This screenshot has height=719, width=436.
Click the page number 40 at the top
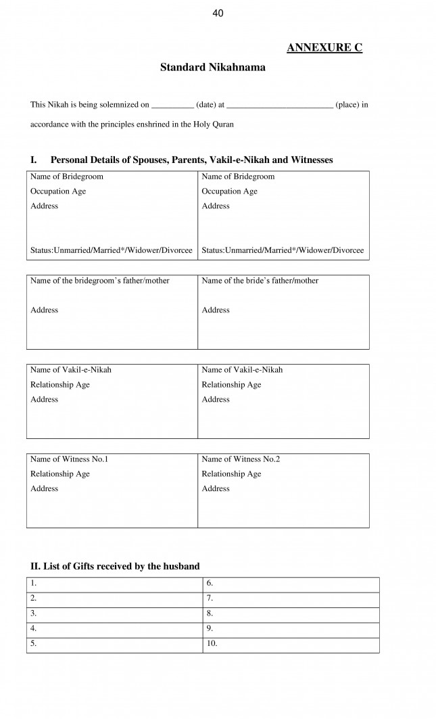tap(218, 13)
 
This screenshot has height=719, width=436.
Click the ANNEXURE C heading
tap(324, 47)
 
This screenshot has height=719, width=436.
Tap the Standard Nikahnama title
tap(212, 68)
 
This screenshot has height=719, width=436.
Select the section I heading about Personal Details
tap(181, 160)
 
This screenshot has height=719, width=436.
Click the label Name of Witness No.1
tap(69, 459)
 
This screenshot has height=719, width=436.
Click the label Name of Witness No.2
tap(241, 459)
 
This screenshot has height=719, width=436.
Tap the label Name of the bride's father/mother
tap(260, 281)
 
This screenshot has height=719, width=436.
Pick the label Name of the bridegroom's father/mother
tap(100, 281)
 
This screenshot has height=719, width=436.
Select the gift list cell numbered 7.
tap(291, 599)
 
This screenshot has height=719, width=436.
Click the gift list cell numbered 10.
tap(291, 644)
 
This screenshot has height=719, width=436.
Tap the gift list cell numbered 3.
tap(115, 613)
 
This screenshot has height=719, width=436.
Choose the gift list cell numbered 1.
tap(115, 584)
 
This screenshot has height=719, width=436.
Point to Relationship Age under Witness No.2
tap(231, 474)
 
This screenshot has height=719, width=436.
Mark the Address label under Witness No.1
tap(45, 489)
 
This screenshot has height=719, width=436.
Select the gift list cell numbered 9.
tap(291, 629)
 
